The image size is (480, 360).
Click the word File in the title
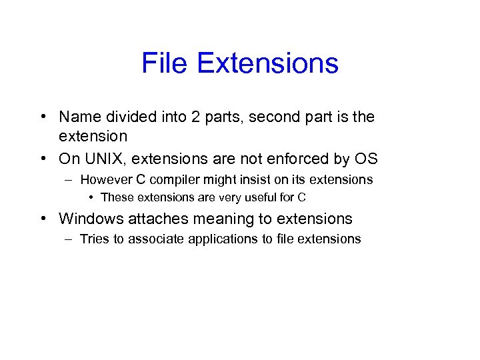pos(165,64)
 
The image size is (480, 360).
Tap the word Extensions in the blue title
pos(268,64)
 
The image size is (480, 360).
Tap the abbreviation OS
pos(366,159)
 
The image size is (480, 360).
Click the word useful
pos(260,197)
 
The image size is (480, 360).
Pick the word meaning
pos(211,219)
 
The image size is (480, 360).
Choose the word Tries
pos(95,239)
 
